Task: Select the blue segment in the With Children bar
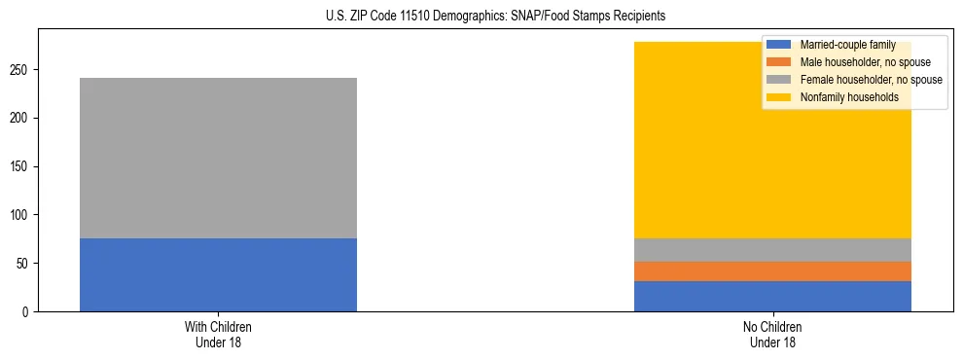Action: click(x=218, y=274)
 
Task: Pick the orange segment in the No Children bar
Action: click(x=772, y=270)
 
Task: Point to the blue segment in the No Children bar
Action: click(x=772, y=296)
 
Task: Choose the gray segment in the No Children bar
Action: click(x=772, y=249)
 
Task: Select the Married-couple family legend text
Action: click(x=847, y=46)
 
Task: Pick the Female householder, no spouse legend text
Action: click(x=871, y=80)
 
